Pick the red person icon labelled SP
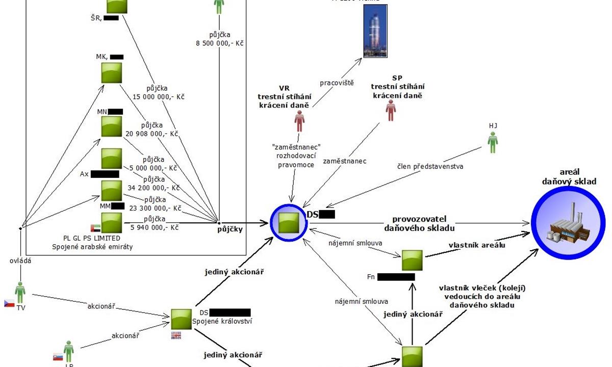(391, 110)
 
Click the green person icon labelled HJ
(493, 142)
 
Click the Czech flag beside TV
(9, 303)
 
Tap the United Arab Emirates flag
(95, 228)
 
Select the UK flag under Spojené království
(176, 335)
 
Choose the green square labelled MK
(111, 72)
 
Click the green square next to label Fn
(412, 260)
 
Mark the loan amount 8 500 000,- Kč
(219, 44)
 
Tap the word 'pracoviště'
(337, 82)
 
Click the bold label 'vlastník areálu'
(470, 245)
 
